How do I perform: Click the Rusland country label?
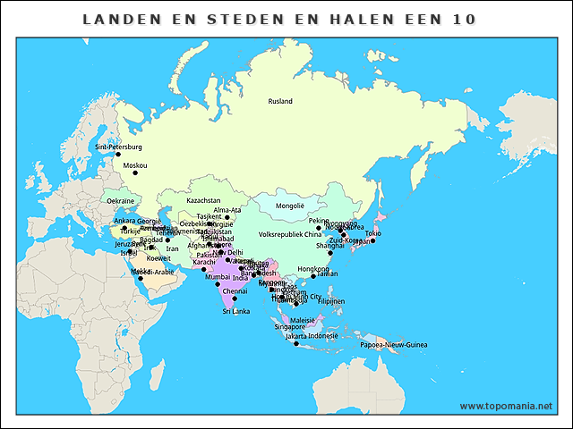coord(280,101)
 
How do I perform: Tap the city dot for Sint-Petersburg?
coord(118,155)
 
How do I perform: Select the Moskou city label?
coord(135,165)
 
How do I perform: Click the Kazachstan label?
coord(203,201)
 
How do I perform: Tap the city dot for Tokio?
coord(372,240)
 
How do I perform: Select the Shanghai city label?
coord(329,245)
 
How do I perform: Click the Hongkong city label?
coord(312,268)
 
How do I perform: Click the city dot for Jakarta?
coord(296,343)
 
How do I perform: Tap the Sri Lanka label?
coord(235,311)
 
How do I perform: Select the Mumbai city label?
coord(218,277)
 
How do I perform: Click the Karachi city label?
coord(204,262)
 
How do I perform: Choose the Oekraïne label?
coord(121,201)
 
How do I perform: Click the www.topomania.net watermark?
coord(506,406)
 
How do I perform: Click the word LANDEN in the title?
coord(116,19)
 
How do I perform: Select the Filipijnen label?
coord(330,301)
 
